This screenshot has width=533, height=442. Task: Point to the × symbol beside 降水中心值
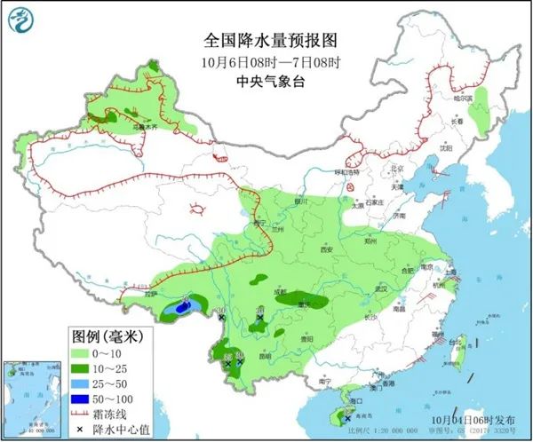pyautogui.click(x=85, y=428)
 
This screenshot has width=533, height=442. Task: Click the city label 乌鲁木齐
pyautogui.click(x=144, y=127)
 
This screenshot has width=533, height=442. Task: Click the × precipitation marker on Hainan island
pyautogui.click(x=336, y=418)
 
